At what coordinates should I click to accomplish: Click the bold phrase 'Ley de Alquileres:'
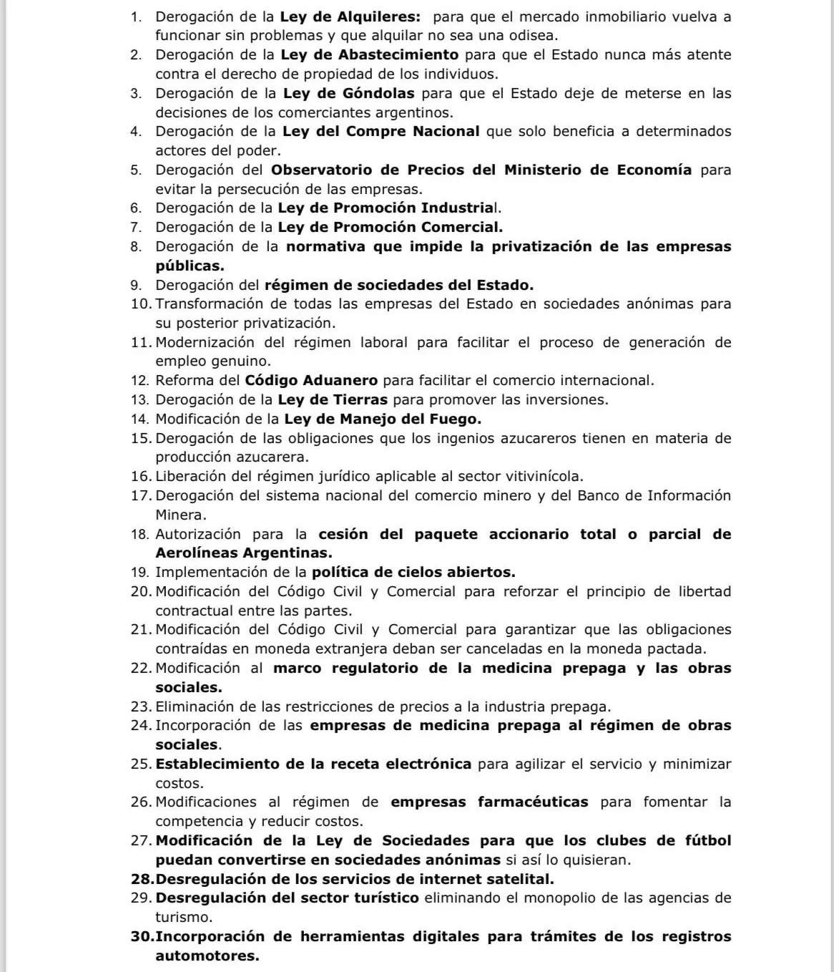[x=350, y=16]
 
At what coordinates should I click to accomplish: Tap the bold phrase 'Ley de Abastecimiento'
[x=369, y=55]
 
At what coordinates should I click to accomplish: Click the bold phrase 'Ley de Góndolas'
[x=348, y=93]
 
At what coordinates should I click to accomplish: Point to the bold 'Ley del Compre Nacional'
[x=381, y=132]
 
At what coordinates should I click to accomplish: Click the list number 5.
[x=136, y=170]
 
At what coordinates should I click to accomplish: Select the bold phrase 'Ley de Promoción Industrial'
[x=388, y=208]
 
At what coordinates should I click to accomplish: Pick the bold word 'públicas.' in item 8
[x=190, y=266]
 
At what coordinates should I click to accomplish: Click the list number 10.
[x=140, y=304]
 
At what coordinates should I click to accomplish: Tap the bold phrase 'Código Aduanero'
[x=311, y=381]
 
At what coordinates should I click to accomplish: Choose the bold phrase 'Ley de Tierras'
[x=333, y=399]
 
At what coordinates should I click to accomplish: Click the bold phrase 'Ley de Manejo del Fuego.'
[x=383, y=419]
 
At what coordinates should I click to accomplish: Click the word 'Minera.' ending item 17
[x=181, y=515]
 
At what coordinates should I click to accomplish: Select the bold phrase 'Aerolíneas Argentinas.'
[x=244, y=553]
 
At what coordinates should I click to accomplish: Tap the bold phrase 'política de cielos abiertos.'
[x=413, y=573]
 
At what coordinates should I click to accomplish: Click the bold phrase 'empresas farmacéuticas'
[x=489, y=802]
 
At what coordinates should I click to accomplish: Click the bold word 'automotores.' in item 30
[x=207, y=956]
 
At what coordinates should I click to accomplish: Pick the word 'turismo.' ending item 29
[x=184, y=917]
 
